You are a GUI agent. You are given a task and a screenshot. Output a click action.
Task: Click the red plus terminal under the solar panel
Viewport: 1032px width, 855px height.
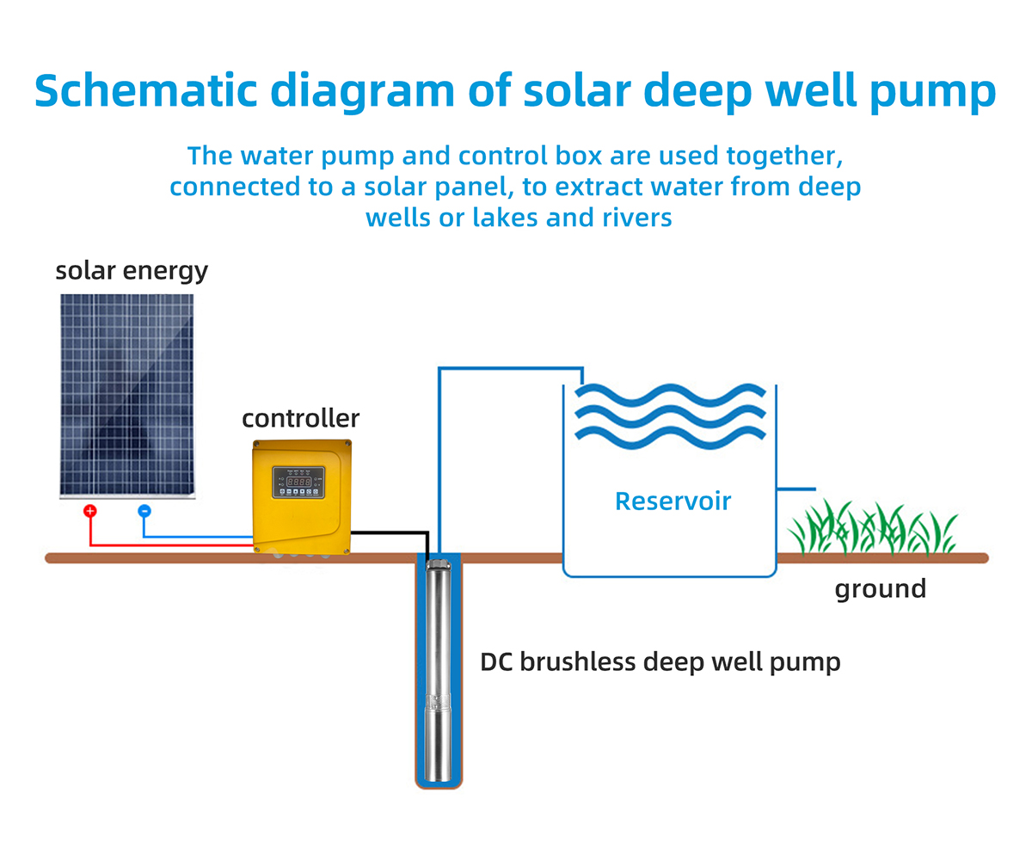(89, 511)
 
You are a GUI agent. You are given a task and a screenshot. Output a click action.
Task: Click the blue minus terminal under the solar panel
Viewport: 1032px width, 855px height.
(144, 511)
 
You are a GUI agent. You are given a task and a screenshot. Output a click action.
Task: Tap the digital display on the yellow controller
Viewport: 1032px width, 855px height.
(298, 483)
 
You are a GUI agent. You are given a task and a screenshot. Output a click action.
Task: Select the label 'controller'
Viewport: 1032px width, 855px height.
(300, 419)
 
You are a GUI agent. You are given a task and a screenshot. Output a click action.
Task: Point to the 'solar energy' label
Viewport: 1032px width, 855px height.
(132, 271)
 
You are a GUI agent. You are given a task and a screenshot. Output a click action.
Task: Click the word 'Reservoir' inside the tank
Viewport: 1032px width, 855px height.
(673, 501)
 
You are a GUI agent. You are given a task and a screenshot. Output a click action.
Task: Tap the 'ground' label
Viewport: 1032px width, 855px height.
(881, 589)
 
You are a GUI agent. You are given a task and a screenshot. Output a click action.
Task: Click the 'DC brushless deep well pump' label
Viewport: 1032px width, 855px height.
(660, 662)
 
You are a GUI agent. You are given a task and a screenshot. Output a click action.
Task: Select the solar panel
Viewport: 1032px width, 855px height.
(127, 396)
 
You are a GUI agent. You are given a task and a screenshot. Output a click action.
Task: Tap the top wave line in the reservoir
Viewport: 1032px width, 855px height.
(670, 396)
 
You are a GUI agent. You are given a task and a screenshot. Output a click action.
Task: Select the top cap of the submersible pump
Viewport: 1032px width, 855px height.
(439, 565)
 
